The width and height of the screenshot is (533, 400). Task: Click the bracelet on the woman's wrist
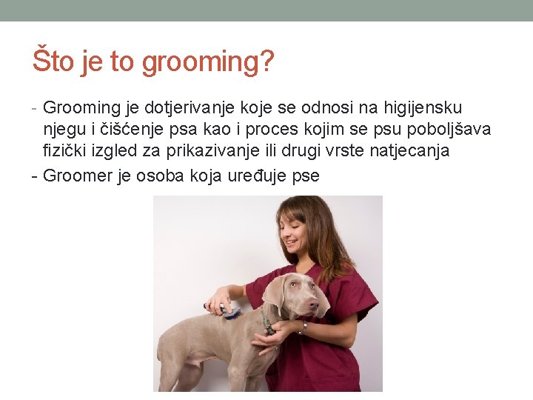click(304, 327)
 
